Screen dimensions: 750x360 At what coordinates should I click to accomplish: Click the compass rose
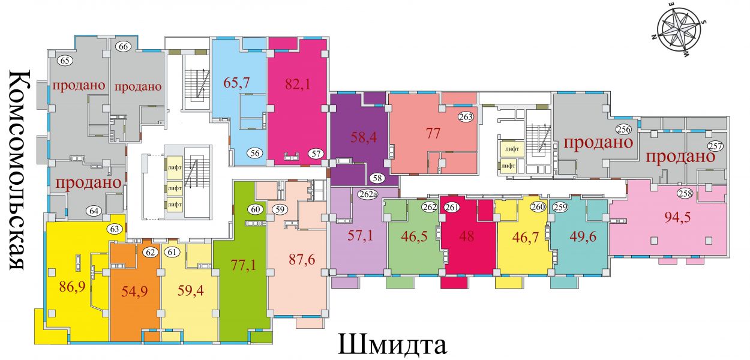679,35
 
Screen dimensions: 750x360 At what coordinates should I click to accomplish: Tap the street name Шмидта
392,344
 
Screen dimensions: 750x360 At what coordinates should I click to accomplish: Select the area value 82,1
298,84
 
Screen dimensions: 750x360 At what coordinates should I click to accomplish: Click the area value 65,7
237,82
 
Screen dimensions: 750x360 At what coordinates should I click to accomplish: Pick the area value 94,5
677,218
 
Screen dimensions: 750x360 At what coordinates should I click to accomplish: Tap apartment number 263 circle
466,116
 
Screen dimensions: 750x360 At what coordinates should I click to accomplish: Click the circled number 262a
367,194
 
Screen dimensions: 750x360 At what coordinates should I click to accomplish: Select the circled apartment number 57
316,154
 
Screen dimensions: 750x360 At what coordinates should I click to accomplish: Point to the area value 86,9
73,287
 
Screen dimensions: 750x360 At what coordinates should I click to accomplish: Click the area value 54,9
134,292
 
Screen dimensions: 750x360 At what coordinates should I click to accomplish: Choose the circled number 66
123,47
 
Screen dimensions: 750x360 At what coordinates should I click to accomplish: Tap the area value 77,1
244,265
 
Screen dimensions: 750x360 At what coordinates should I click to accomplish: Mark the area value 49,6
583,237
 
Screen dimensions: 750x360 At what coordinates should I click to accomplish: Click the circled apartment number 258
685,194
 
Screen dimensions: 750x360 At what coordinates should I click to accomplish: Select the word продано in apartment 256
598,143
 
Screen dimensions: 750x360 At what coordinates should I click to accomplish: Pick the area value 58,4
364,137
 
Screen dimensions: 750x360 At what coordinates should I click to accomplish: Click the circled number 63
115,229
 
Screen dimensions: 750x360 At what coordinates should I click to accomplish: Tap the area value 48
467,236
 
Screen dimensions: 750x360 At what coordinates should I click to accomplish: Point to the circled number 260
538,207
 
